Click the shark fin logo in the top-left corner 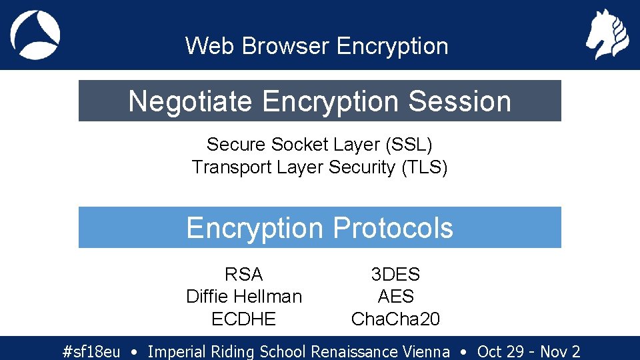coord(35,35)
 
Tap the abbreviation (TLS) coord(424,167)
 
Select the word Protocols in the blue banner coord(393,228)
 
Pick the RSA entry coord(244,274)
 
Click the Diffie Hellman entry coord(244,296)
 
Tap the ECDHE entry coord(244,319)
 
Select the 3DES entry coord(395,274)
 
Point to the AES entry coord(395,296)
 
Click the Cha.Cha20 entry coord(395,319)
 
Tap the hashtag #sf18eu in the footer coord(91,351)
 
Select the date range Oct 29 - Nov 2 coord(529,351)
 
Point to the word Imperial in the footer coord(177,351)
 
